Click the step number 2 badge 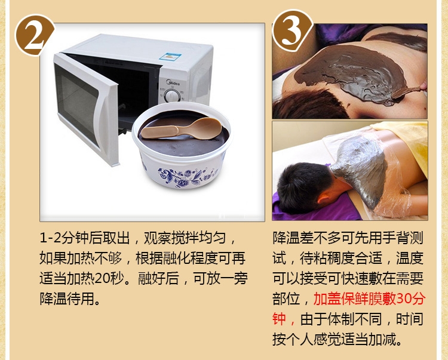(35, 35)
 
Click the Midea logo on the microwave (173, 83)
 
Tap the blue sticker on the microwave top (171, 57)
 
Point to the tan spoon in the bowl (182, 128)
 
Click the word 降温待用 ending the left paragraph (67, 299)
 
